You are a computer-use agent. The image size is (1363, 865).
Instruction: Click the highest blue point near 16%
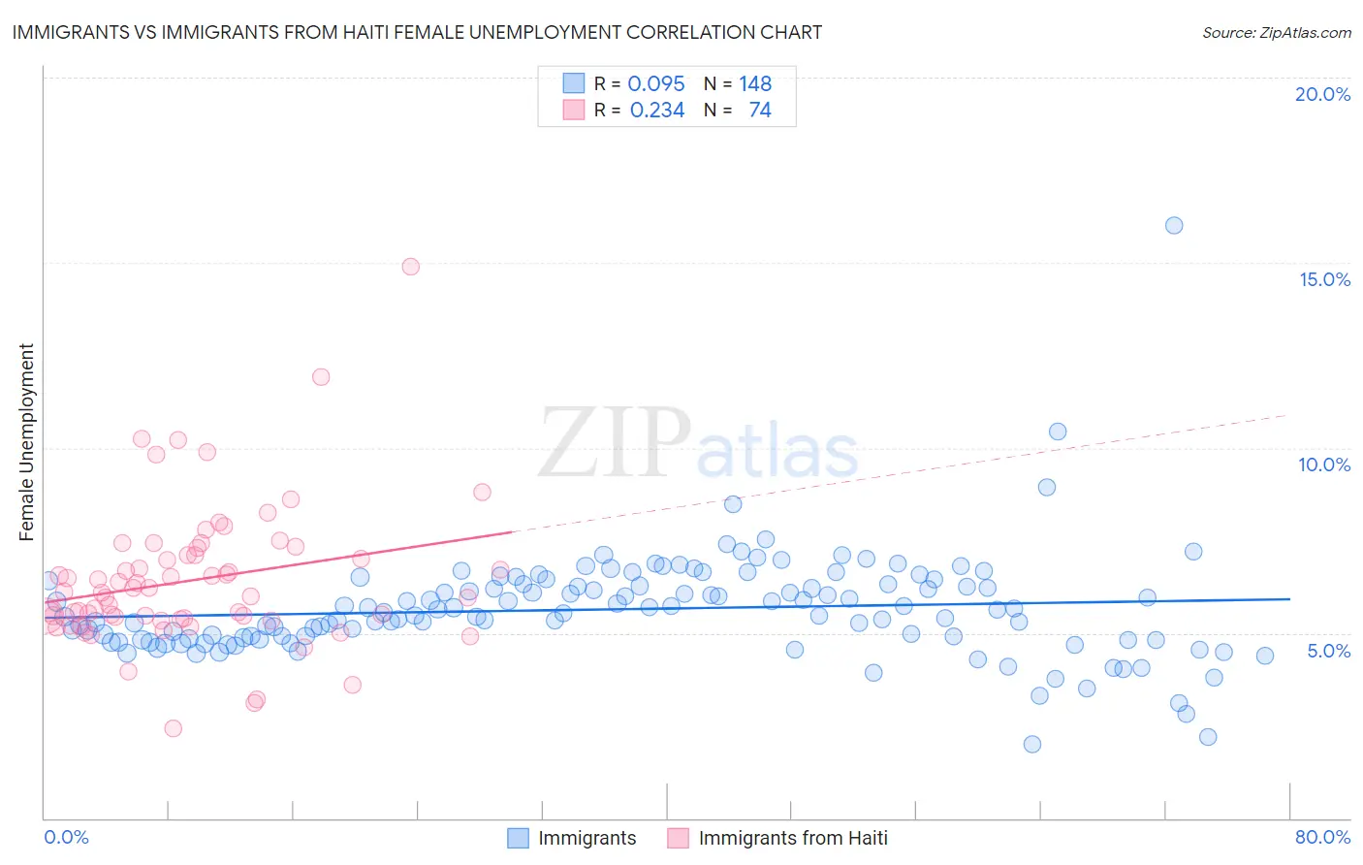tap(1173, 226)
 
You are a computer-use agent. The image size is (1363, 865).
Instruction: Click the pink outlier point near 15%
tap(410, 267)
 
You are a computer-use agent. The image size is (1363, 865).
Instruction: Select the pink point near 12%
tap(321, 377)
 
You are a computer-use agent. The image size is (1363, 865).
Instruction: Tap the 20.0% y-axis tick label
tap(1322, 94)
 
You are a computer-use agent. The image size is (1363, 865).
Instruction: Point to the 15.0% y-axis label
tap(1324, 279)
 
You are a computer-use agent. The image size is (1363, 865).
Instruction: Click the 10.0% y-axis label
tap(1324, 465)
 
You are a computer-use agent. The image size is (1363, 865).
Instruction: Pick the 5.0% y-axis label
tap(1328, 651)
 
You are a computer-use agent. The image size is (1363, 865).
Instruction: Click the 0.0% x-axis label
tap(67, 837)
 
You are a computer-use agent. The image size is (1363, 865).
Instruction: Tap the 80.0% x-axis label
tap(1322, 837)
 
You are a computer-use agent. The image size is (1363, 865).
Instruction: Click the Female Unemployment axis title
tap(26, 442)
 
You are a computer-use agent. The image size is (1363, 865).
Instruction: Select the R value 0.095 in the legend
tap(656, 84)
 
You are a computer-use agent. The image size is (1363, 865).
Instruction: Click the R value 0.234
tap(657, 111)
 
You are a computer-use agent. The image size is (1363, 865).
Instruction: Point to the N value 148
tap(755, 84)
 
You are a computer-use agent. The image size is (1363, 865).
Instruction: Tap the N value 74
tap(760, 111)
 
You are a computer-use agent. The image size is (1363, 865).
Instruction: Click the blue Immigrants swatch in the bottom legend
tap(519, 838)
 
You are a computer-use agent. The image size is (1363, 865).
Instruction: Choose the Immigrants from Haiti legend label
tap(792, 838)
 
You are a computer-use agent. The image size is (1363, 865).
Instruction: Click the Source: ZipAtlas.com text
tap(1276, 33)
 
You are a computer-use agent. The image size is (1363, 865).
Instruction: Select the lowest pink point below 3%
tap(173, 728)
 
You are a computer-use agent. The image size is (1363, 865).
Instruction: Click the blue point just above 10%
tap(1058, 432)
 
